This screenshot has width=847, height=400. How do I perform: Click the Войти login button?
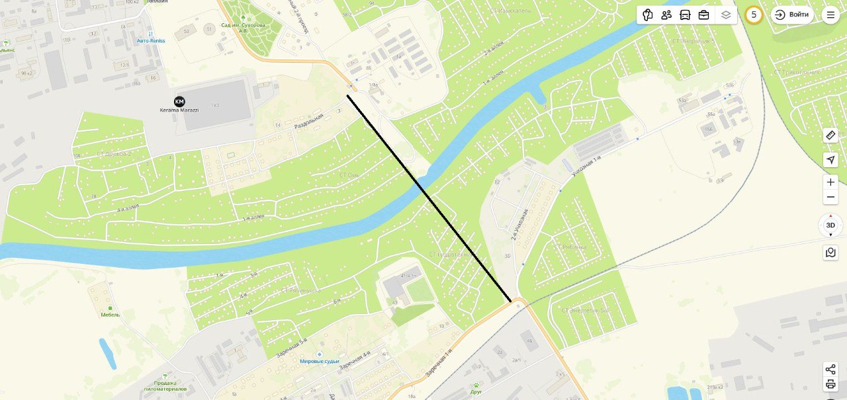pos(792,15)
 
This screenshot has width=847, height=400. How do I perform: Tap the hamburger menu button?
pos(830,15)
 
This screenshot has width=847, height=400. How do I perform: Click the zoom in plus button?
pos(830,182)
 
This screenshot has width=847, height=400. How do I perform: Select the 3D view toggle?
pos(830,225)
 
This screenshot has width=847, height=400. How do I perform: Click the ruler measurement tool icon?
pos(830,135)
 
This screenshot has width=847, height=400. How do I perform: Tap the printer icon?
pos(830,384)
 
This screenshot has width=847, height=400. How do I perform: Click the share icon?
pos(830,369)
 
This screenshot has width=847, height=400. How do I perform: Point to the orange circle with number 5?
pos(754,15)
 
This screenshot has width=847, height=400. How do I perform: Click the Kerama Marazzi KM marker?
pos(179,101)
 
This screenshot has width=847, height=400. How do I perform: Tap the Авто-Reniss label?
pos(151,40)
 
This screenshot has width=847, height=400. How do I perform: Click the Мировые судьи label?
pos(319,361)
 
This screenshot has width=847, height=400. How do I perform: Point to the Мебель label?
pos(110,314)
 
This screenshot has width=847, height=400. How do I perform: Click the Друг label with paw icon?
pos(476,391)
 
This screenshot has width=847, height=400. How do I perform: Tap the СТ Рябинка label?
pos(570,247)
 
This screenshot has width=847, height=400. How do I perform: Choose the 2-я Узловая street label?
pos(519,223)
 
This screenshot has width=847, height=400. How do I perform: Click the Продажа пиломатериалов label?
pos(156,385)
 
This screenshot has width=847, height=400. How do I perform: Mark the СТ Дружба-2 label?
pos(114,154)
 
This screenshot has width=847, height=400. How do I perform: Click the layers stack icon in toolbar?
pos(726,15)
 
